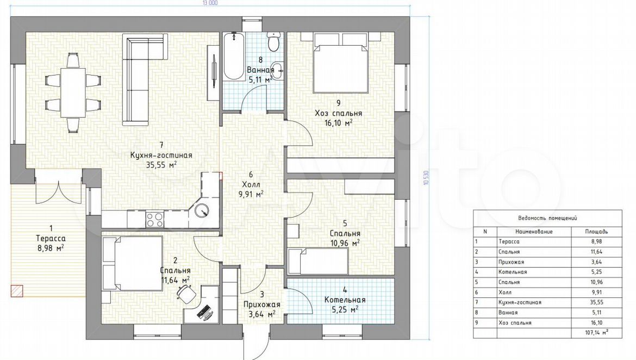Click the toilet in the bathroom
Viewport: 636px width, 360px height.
point(273,41)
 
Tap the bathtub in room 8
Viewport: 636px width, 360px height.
point(234,56)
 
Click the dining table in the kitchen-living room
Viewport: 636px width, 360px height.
point(73,92)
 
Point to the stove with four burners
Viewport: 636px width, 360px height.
point(154,220)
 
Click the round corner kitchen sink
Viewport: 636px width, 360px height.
point(202,210)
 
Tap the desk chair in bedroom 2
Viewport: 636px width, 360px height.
point(186,293)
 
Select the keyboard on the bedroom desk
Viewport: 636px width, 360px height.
point(204,312)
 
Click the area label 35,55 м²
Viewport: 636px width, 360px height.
point(161,165)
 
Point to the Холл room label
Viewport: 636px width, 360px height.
point(251,185)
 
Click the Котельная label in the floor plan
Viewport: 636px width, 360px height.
point(345,300)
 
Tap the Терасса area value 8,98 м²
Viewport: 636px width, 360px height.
point(51,248)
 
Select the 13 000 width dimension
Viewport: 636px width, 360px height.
point(210,3)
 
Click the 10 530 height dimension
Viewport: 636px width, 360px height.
point(426,178)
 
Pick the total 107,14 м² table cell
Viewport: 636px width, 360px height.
point(596,333)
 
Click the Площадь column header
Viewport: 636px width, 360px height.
point(596,232)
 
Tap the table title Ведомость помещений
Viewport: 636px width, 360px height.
point(547,218)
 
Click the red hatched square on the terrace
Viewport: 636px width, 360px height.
point(17,290)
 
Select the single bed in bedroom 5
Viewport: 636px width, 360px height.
point(318,261)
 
